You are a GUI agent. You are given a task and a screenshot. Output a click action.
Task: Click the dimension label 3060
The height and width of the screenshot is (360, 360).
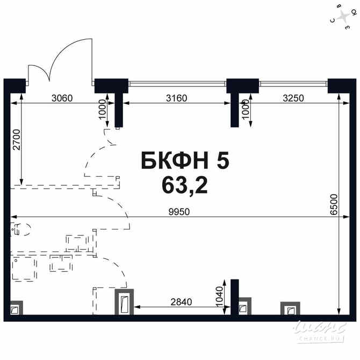[x=62, y=98]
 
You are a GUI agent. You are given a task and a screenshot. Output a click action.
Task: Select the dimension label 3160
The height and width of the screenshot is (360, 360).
[x=176, y=98]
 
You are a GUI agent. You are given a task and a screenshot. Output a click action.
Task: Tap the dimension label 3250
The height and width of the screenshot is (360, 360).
[x=293, y=98]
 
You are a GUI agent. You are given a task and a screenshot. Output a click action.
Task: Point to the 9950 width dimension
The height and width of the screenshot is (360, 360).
[x=179, y=212]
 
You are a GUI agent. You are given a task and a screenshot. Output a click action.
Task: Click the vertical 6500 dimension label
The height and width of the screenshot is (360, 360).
[x=334, y=205]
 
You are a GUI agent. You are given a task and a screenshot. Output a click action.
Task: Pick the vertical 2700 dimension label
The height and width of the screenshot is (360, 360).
[x=17, y=140]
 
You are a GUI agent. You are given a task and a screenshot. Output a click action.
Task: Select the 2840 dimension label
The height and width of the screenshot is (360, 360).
[x=181, y=302]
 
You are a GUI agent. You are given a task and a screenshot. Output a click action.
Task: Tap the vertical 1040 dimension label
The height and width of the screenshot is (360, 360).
[x=219, y=297]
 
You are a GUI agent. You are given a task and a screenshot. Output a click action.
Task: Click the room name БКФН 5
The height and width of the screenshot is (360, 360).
[x=185, y=161]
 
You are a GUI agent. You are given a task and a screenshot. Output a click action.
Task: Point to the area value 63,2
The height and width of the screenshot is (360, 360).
[x=185, y=186]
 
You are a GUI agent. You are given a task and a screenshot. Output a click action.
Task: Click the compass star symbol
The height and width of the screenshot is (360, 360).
[x=343, y=16]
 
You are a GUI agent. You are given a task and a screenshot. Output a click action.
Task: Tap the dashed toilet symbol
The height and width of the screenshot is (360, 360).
[x=20, y=229]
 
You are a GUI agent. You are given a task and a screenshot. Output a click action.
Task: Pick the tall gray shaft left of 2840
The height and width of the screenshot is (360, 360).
[x=124, y=302]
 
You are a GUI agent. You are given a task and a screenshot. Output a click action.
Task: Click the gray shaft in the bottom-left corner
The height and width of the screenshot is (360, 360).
[x=17, y=308]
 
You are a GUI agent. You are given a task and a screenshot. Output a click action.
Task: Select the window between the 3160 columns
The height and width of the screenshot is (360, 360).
[x=177, y=84]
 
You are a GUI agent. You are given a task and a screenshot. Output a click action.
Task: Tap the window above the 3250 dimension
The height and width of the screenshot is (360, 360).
[x=293, y=84]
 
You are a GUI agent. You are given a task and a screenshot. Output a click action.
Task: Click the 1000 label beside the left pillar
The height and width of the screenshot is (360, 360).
[x=103, y=109]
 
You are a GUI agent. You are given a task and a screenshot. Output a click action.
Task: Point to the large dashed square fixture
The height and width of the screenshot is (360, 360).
[x=24, y=269]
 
